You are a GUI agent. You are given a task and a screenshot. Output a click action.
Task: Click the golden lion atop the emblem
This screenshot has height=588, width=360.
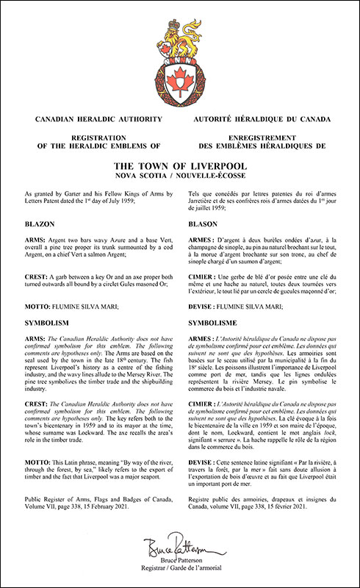click(x=179, y=30)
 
